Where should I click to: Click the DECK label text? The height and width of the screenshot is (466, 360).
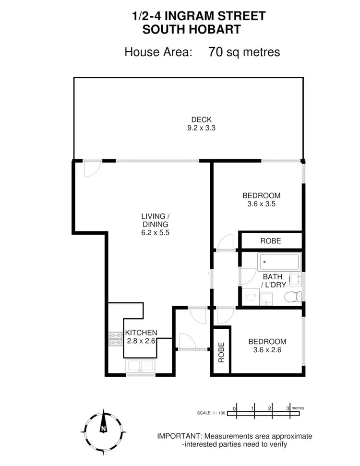202,119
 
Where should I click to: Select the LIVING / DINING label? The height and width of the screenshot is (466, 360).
154,220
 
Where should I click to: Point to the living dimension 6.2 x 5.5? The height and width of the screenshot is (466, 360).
154,233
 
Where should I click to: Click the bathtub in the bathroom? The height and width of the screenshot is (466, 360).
279,263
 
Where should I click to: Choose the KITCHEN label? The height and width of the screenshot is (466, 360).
141,333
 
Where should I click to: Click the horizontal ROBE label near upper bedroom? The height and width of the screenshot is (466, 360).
270,241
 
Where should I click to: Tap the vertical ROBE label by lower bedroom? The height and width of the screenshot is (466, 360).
222,353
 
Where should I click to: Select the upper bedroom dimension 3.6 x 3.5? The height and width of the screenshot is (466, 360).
261,203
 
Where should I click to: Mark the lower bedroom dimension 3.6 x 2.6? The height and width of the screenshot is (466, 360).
267,350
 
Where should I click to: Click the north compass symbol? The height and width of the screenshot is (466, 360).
103,427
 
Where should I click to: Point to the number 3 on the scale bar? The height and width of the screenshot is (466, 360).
288,408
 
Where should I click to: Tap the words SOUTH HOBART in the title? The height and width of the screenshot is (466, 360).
192,29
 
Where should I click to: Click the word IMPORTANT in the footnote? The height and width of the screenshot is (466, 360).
180,436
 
